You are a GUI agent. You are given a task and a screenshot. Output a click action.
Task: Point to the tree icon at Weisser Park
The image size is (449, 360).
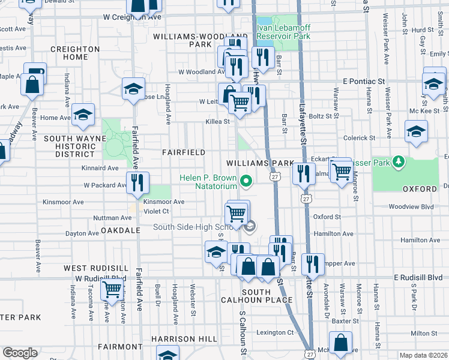click(x=397, y=162)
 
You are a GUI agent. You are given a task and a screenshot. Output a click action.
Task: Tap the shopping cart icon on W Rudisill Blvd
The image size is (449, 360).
click(x=112, y=289)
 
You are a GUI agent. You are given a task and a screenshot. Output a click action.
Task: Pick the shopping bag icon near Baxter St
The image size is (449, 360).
click(x=340, y=344)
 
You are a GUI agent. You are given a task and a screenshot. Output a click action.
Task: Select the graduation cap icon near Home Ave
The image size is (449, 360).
click(x=83, y=115)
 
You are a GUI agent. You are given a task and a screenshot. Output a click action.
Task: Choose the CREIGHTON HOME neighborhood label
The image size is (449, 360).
click(x=75, y=53)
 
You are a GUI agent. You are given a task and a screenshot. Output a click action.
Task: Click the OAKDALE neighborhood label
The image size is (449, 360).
click(x=120, y=230)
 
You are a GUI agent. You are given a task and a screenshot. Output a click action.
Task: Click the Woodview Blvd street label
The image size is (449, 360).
click(x=411, y=206)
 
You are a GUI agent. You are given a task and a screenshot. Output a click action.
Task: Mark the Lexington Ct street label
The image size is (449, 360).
click(x=275, y=332)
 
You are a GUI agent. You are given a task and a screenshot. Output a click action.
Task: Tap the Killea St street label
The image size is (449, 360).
click(x=218, y=121)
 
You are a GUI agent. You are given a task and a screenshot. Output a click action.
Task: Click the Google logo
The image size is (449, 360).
click(x=20, y=353)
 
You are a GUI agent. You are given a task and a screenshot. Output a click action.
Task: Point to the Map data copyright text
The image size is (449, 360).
click(x=423, y=355)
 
